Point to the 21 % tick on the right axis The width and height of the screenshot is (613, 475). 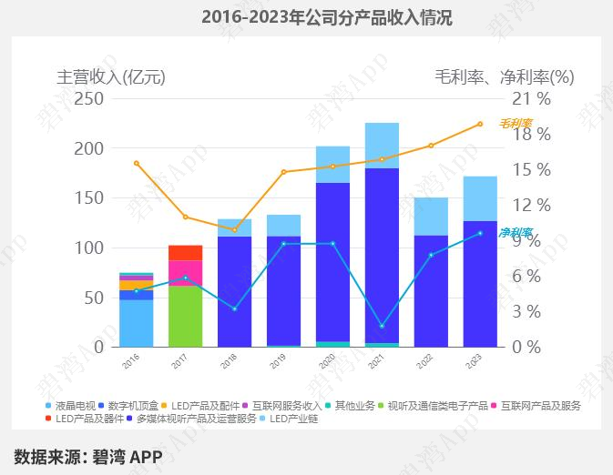click(532, 98)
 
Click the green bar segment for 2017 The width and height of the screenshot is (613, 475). click(185, 316)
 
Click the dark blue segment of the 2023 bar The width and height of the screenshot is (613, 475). click(480, 283)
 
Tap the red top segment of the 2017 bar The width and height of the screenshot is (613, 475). click(185, 253)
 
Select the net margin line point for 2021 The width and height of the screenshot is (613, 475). click(382, 326)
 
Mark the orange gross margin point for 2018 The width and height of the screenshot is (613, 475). click(234, 229)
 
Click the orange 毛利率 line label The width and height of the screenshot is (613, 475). click(516, 123)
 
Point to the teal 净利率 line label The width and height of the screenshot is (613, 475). click(516, 233)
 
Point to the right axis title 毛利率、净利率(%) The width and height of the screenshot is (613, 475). click(505, 76)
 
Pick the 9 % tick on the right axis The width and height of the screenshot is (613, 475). click(532, 240)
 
